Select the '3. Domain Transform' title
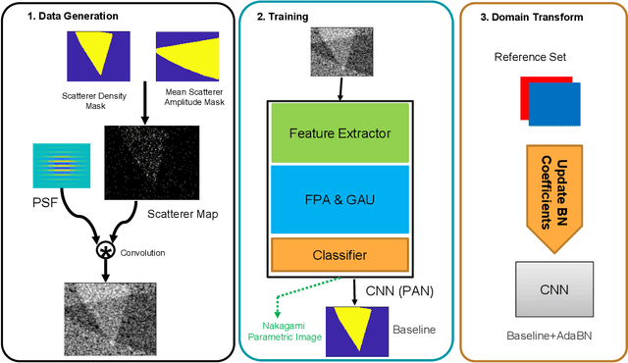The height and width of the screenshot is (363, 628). pos(525,16)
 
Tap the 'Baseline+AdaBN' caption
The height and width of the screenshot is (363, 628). pos(551,335)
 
